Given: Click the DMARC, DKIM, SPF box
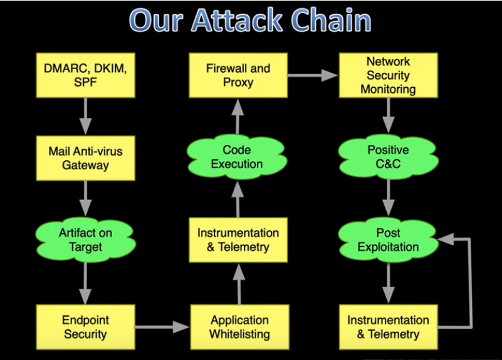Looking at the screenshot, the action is (85, 75).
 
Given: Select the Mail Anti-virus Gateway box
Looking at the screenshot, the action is (85, 158).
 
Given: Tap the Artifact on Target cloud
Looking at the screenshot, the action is (85, 240).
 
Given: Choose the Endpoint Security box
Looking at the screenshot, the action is (85, 327).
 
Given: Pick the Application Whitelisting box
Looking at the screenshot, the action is (240, 327).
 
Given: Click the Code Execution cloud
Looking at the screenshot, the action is (237, 157).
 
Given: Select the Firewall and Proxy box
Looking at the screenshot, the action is (238, 75).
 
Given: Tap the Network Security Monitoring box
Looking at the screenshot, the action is (389, 75).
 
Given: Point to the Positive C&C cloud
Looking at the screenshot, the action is (389, 157).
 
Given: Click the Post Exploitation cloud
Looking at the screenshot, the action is (389, 240).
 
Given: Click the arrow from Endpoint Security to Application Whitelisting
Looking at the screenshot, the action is (162, 327).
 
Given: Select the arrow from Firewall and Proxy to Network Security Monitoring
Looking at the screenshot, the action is (313, 76).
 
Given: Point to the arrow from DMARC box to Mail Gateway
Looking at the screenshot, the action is (85, 116).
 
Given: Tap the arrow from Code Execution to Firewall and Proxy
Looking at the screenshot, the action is (238, 117).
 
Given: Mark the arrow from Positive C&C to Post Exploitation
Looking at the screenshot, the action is (389, 198).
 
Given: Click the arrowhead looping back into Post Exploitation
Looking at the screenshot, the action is (446, 239).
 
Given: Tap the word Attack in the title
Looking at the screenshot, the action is (238, 20).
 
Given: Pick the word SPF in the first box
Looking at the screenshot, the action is (85, 82).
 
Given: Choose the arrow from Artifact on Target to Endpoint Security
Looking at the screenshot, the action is (85, 283).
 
